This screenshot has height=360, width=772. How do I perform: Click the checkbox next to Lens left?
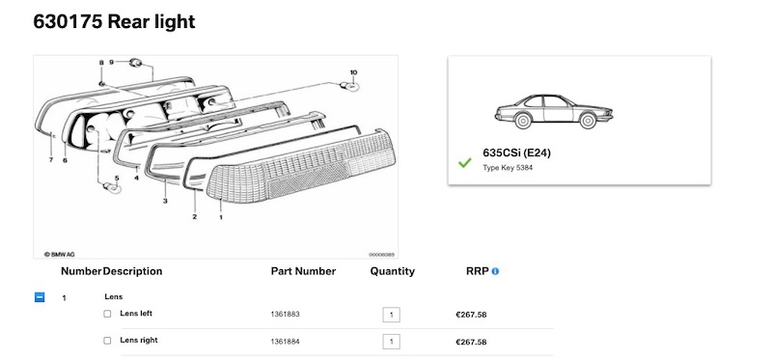pos(107,314)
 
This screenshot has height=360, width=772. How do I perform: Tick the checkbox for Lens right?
pos(107,341)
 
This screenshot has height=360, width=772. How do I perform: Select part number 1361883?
pos(285,315)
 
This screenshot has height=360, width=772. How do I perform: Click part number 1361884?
pos(285,342)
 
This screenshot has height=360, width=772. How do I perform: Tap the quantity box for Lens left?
pos(392,315)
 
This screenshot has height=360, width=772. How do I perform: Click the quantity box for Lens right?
pos(392,342)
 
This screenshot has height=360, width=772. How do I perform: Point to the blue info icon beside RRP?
pos(495,271)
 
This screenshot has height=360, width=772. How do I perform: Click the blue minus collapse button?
pos(40,297)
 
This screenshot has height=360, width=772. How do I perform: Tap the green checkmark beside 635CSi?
pos(465,162)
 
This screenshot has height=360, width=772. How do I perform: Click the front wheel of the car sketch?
pos(588,121)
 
